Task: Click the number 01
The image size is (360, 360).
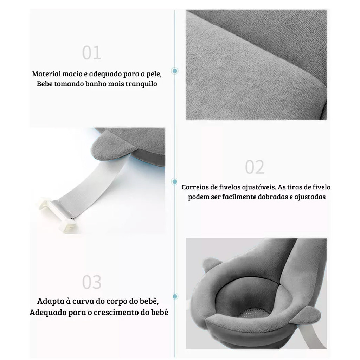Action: point(92,53)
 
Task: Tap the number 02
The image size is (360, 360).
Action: point(255,167)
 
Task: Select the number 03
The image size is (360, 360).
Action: point(92,282)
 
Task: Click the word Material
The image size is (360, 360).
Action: point(46,74)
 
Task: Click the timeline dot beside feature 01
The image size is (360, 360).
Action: point(175,71)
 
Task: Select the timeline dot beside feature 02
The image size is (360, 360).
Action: point(174,182)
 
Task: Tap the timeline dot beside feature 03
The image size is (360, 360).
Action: point(175,296)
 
